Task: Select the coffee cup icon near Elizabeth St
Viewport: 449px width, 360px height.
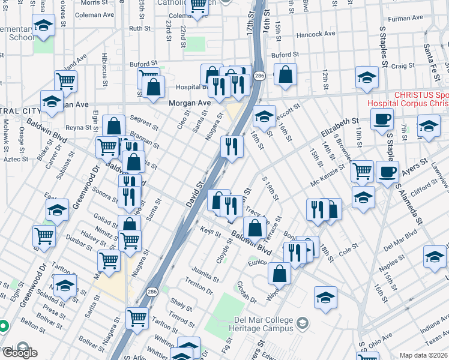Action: point(382,118)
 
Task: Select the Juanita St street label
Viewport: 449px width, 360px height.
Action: point(206,275)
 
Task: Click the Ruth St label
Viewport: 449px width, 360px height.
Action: point(139,28)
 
